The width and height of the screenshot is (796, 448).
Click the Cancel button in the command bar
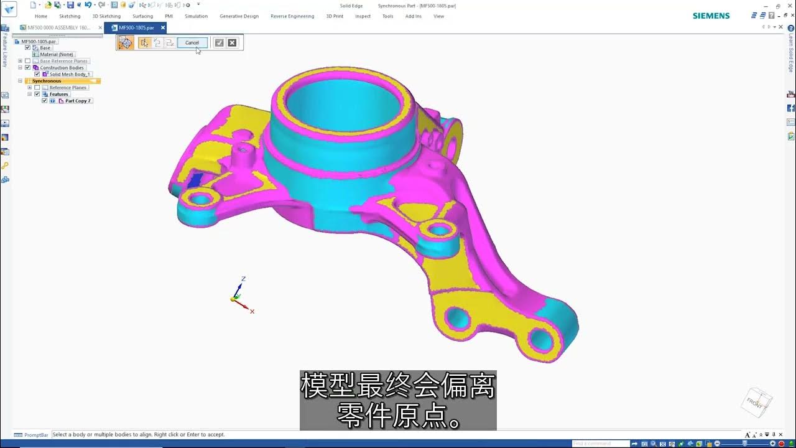pyautogui.click(x=192, y=43)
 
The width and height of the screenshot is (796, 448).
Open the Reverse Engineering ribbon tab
pyautogui.click(x=292, y=16)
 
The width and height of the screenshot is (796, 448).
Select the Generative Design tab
pyautogui.click(x=239, y=16)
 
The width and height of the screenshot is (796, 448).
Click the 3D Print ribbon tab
pyautogui.click(x=335, y=16)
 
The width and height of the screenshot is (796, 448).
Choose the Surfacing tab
pyautogui.click(x=142, y=16)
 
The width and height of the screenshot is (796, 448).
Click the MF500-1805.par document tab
pyautogui.click(x=136, y=28)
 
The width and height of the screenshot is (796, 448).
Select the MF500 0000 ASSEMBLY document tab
pyautogui.click(x=59, y=28)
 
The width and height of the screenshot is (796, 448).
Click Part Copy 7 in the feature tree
pyautogui.click(x=78, y=101)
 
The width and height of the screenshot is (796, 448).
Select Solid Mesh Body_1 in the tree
pyautogui.click(x=70, y=74)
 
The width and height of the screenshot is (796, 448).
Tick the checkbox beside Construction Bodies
pyautogui.click(x=27, y=68)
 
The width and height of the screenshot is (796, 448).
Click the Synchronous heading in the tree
pyautogui.click(x=47, y=81)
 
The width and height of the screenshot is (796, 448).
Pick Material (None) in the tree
pyautogui.click(x=57, y=54)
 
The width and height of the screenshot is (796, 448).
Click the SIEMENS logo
pyautogui.click(x=711, y=16)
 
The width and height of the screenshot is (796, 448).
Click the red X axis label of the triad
pyautogui.click(x=252, y=311)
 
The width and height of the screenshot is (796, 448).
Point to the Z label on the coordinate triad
pyautogui.click(x=243, y=279)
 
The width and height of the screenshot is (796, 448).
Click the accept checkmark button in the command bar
pyautogui.click(x=219, y=43)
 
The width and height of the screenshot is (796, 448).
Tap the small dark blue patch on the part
pyautogui.click(x=195, y=180)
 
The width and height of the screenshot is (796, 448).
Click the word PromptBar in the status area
pyautogui.click(x=36, y=435)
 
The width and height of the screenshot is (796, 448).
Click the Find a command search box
pyautogui.click(x=600, y=444)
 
